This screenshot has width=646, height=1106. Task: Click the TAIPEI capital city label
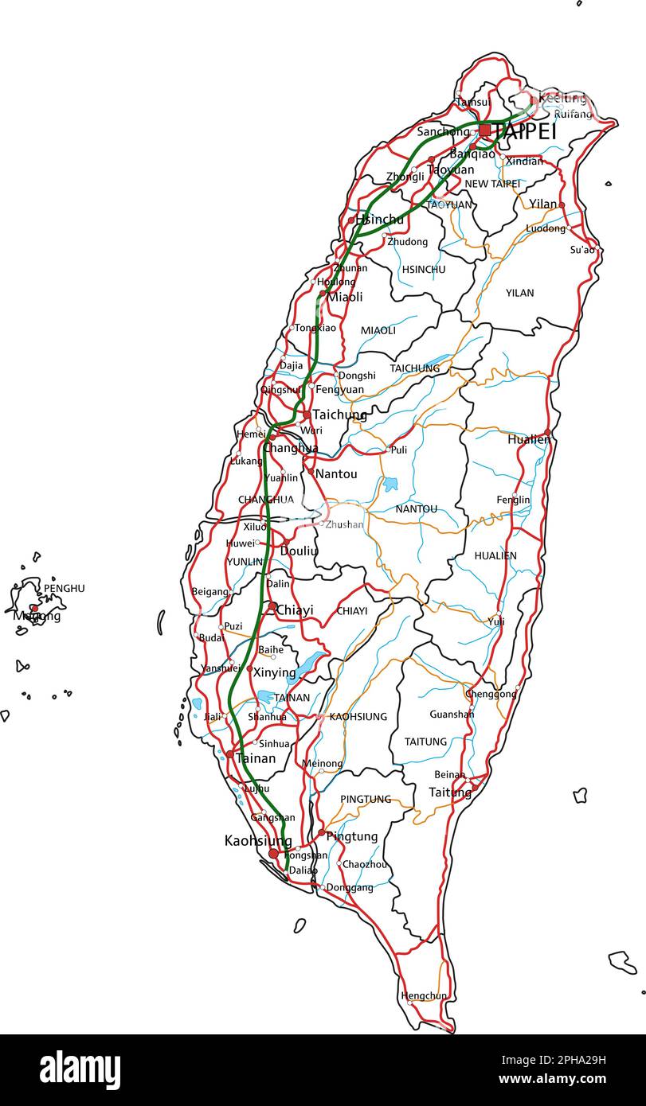[526, 132]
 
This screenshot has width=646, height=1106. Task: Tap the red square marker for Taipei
[485, 130]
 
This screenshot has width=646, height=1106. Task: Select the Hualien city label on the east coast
[528, 439]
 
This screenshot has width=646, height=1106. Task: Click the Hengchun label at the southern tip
[424, 995]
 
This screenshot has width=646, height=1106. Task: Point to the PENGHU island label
[64, 588]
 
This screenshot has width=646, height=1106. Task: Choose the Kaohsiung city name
[257, 840]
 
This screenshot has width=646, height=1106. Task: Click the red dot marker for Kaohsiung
[274, 854]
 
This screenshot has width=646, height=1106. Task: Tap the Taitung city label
[450, 793]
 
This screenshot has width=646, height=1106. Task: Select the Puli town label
[399, 450]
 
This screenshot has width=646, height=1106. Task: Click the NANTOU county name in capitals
[416, 508]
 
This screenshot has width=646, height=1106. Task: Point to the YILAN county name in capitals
[519, 293]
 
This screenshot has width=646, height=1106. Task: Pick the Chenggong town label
[491, 694]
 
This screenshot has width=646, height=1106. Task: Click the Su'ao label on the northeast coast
[582, 250]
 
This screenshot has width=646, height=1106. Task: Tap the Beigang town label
[209, 592]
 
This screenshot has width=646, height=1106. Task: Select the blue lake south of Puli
[390, 484]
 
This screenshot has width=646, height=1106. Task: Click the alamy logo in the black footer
[80, 1070]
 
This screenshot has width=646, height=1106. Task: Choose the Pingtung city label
[352, 836]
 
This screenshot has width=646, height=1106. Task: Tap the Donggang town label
[349, 888]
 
